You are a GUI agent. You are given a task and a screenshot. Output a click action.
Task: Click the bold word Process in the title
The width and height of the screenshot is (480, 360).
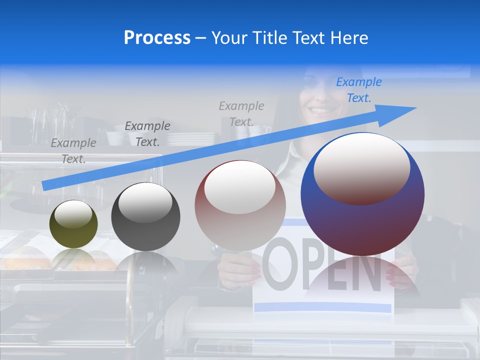pos(157,38)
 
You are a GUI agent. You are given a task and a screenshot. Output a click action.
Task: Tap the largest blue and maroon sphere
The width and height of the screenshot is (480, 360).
pos(362,220)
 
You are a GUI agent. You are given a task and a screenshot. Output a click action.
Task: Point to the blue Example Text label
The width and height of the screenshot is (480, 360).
pos(359,90)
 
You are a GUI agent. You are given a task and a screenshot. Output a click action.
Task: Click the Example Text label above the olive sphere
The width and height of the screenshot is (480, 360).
pos(73,150)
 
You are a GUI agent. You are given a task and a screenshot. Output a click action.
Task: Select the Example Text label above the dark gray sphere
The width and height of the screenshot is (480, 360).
pos(147,133)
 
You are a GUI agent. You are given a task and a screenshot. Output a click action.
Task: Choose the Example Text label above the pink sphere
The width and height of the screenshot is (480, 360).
pos(241,113)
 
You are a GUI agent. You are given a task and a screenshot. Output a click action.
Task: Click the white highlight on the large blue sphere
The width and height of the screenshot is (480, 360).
pos(361,167)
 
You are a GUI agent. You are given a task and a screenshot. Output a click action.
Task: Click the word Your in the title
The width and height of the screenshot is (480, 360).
pos(230,38)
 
